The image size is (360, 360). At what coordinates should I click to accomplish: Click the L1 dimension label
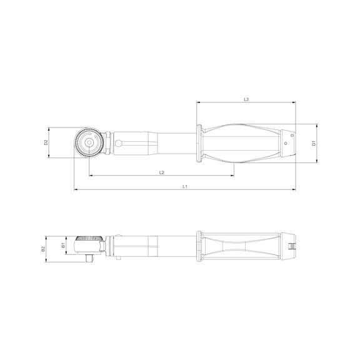point(186,187)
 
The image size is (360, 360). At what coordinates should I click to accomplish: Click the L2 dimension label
point(161,172)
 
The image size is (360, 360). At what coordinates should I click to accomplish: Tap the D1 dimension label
point(314,143)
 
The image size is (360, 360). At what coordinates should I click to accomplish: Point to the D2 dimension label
point(46,143)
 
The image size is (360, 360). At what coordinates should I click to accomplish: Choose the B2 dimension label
point(44,248)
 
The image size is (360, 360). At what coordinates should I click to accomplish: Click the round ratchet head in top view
point(89,143)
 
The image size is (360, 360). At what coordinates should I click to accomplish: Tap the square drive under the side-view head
point(89,256)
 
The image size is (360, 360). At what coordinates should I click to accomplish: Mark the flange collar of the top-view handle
point(199,143)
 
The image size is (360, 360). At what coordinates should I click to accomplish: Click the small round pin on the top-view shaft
point(118,143)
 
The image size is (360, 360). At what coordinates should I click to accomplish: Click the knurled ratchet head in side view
point(89,241)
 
